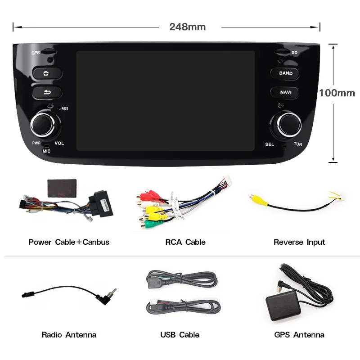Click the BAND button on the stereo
(x=285, y=73)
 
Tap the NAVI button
(x=285, y=92)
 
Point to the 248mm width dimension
(x=187, y=27)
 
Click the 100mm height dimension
(x=337, y=93)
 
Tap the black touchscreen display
(x=165, y=100)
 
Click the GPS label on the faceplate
(x=36, y=53)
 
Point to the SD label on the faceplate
(x=294, y=53)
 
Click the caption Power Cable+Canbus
(x=69, y=242)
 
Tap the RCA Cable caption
(x=185, y=242)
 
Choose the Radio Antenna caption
(x=69, y=335)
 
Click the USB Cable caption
(x=180, y=335)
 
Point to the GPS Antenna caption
(x=299, y=335)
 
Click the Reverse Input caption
(x=299, y=242)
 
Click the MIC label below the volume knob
(x=46, y=151)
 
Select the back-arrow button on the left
(x=46, y=92)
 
